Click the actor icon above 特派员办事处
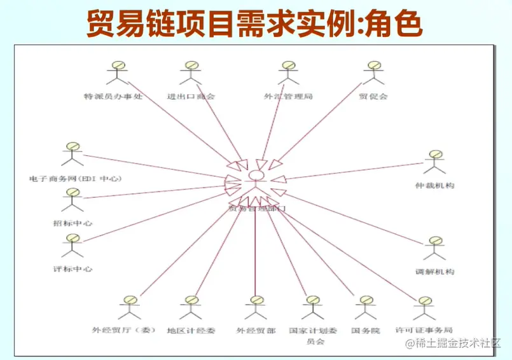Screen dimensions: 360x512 pyautogui.click(x=115, y=73)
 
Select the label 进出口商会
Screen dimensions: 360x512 pyautogui.click(x=191, y=97)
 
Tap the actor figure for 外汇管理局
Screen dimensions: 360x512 pyautogui.click(x=288, y=73)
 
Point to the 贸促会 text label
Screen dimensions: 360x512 pyautogui.click(x=373, y=97)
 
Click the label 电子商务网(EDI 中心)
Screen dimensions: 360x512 pyautogui.click(x=76, y=179)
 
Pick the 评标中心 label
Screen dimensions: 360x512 pyautogui.click(x=73, y=269)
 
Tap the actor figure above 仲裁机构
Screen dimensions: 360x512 pyautogui.click(x=434, y=163)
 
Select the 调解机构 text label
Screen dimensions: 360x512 pyautogui.click(x=435, y=272)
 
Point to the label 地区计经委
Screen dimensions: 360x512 pyautogui.click(x=191, y=331)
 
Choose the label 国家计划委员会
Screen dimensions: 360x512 pyautogui.click(x=313, y=336)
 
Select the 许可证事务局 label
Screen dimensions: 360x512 pyautogui.click(x=424, y=331)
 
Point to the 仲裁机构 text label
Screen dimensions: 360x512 pyautogui.click(x=434, y=186)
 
